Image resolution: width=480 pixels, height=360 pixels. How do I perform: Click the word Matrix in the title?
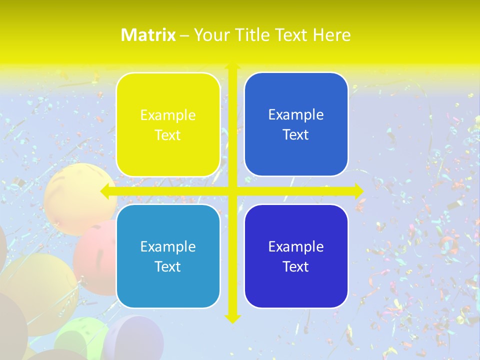pyautogui.click(x=148, y=35)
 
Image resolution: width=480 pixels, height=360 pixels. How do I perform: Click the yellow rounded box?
pyautogui.click(x=168, y=124)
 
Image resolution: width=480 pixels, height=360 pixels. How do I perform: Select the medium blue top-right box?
pyautogui.click(x=296, y=124)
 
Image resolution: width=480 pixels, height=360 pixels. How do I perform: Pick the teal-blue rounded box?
pyautogui.click(x=168, y=256)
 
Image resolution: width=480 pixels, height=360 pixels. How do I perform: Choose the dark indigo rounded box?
pyautogui.click(x=296, y=256)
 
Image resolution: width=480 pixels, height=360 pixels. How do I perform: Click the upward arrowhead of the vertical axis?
pyautogui.click(x=232, y=67)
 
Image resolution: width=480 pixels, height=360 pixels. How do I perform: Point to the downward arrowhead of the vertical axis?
pyautogui.click(x=232, y=318)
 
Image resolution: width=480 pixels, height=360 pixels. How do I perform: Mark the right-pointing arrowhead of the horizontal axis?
pyautogui.click(x=358, y=191)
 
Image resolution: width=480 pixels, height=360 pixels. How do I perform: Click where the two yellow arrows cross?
pyautogui.click(x=232, y=191)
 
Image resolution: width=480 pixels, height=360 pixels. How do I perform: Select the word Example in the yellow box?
pyautogui.click(x=168, y=115)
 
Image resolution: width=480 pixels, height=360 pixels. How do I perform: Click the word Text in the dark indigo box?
pyautogui.click(x=296, y=266)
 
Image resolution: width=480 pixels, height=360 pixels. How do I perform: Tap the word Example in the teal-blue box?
pyautogui.click(x=168, y=246)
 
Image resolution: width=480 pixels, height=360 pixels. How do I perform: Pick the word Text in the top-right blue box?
pyautogui.click(x=296, y=135)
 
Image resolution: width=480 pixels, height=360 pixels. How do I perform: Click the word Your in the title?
pyautogui.click(x=210, y=35)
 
